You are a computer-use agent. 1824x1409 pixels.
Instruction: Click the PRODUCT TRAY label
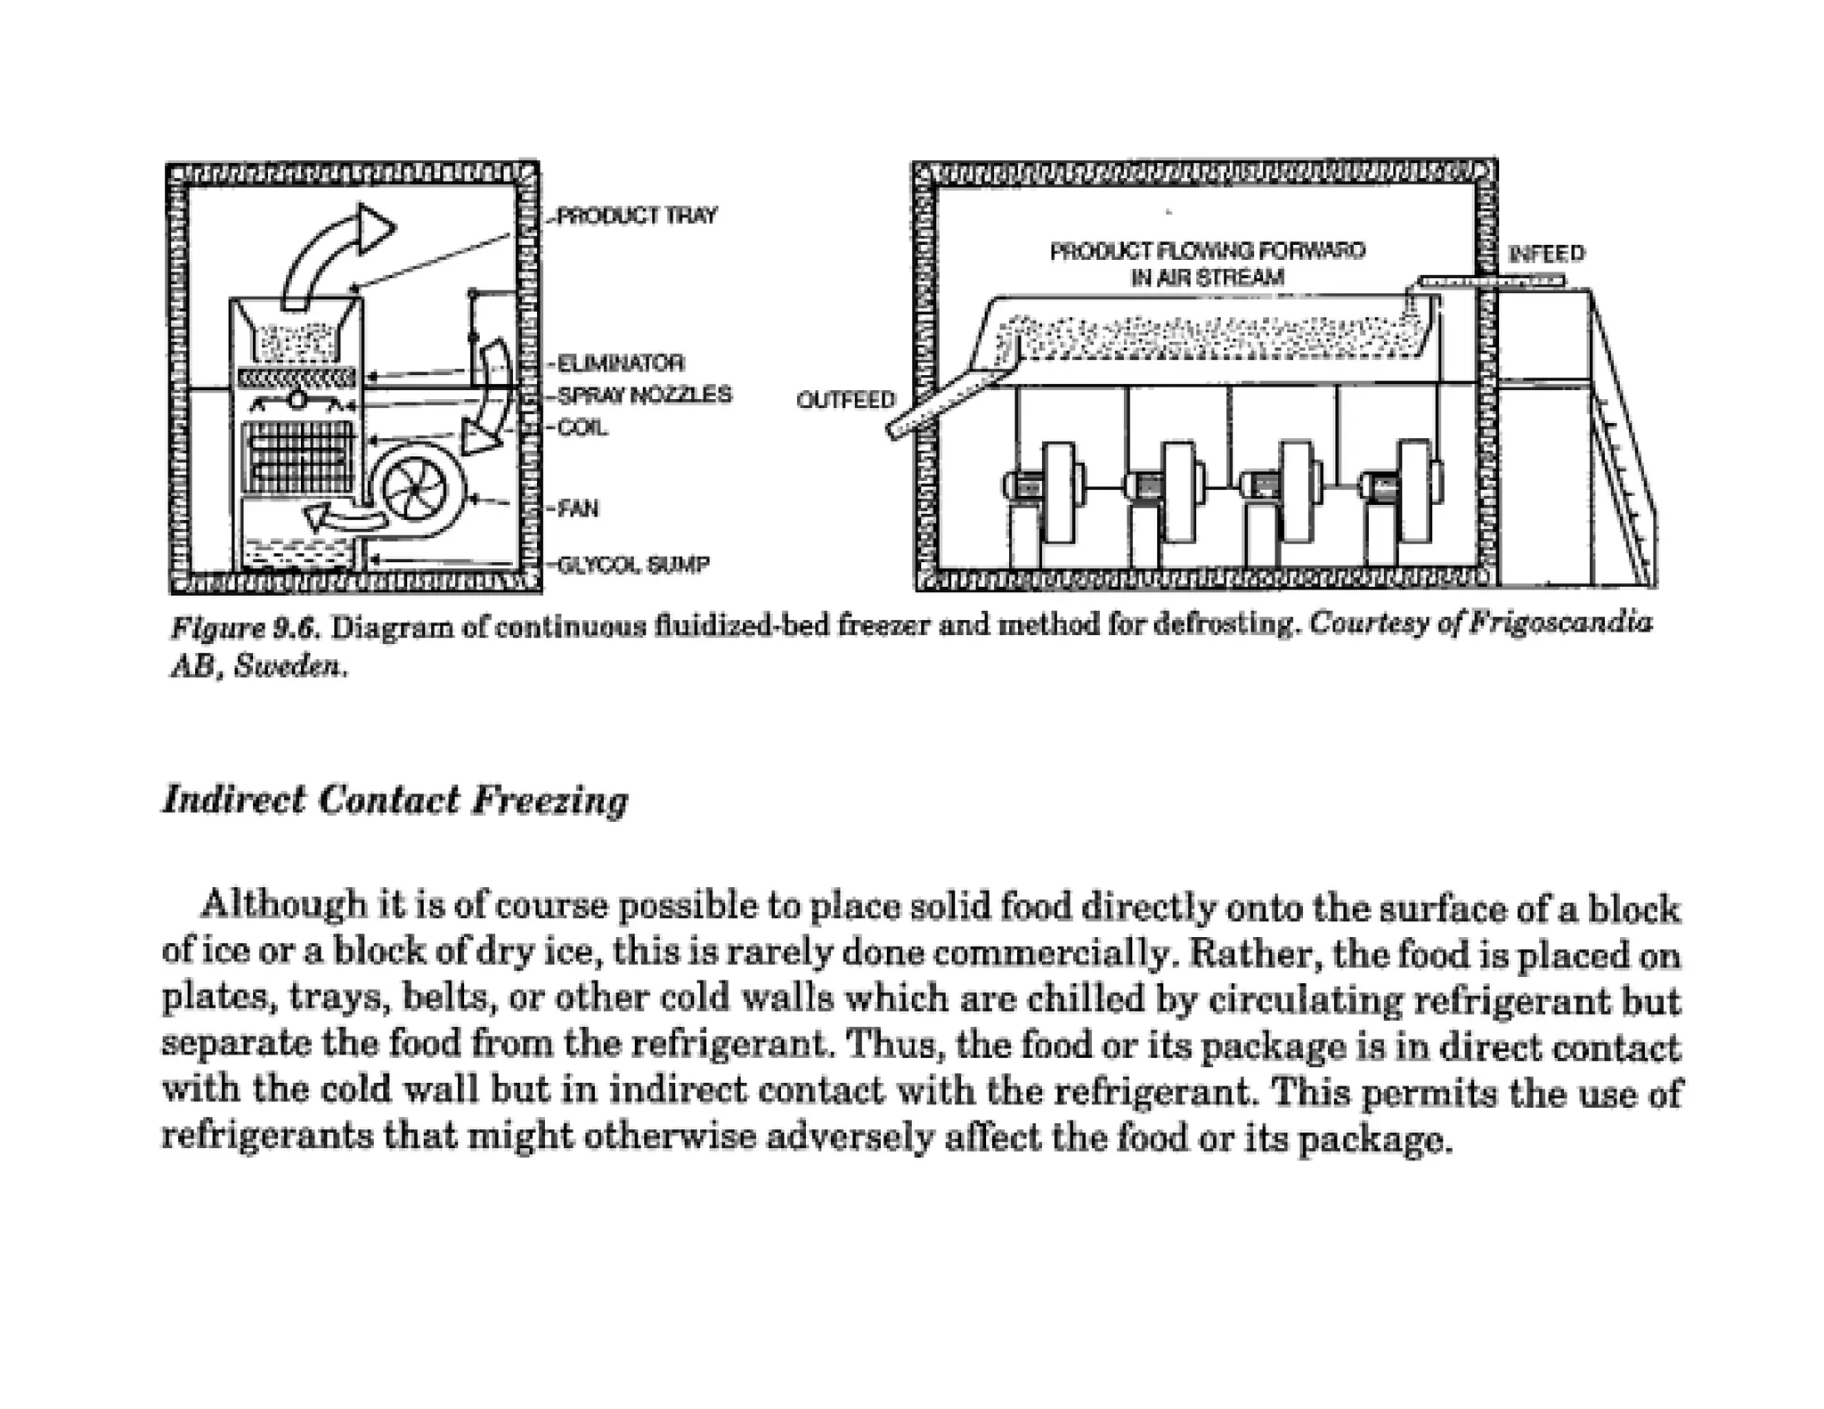tap(637, 216)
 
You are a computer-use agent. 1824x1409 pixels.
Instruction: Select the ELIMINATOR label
tap(620, 363)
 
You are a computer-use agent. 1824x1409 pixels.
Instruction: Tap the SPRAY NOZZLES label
tap(644, 395)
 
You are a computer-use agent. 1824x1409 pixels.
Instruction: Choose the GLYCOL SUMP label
tap(633, 565)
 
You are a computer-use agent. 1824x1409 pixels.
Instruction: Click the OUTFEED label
tap(845, 400)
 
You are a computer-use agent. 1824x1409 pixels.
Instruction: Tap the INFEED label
tap(1547, 254)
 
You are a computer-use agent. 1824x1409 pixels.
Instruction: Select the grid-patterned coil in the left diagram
tap(297, 457)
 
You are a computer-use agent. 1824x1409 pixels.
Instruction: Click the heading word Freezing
tap(550, 800)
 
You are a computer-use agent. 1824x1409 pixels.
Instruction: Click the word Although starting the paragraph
tap(284, 905)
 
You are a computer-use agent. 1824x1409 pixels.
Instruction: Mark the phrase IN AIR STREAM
tap(1207, 278)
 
